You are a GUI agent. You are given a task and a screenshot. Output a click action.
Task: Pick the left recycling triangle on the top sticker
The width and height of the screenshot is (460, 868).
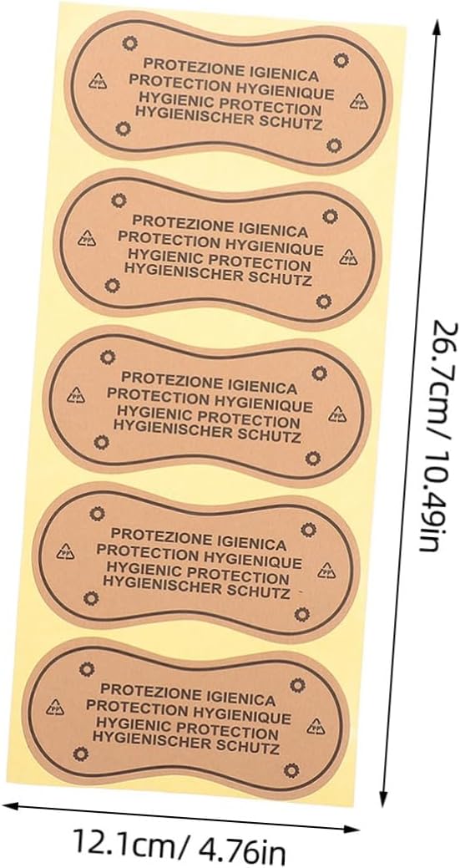98,81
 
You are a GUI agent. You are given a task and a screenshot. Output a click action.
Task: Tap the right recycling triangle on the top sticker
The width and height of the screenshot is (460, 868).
359,100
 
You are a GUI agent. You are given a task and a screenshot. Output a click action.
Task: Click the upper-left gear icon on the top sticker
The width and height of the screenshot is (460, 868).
129,42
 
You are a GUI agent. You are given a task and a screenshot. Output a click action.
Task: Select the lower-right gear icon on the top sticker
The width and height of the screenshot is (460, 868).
334,145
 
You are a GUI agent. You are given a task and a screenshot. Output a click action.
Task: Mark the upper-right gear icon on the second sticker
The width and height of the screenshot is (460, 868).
330,216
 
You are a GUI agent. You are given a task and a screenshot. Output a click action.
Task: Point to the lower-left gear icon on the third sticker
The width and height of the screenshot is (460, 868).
101,442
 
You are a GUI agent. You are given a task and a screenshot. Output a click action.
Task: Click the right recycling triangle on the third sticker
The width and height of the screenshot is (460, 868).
337,414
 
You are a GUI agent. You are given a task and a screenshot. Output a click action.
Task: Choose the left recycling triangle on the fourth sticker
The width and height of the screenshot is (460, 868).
65,551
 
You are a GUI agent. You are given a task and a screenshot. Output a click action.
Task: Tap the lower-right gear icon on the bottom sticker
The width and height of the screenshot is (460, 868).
291,769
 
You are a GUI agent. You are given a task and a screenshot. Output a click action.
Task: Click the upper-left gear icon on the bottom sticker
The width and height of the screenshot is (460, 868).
87,669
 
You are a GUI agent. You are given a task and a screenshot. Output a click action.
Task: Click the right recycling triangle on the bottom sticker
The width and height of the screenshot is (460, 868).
316,726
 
